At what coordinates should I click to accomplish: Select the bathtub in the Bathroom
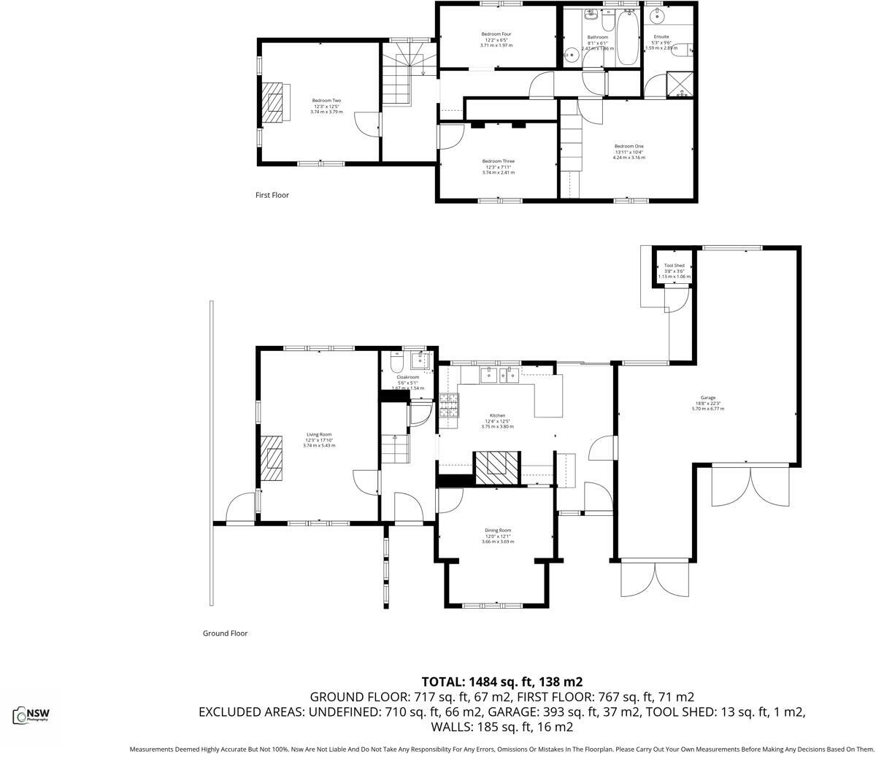tap(627, 39)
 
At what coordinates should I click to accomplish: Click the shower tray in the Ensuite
tap(680, 85)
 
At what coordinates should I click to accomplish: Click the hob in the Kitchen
tap(449, 405)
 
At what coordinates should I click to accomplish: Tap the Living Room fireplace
tap(274, 458)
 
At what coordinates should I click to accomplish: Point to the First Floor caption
tap(272, 195)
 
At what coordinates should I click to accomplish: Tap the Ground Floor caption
tap(225, 633)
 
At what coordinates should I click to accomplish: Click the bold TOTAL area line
tap(502, 682)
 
